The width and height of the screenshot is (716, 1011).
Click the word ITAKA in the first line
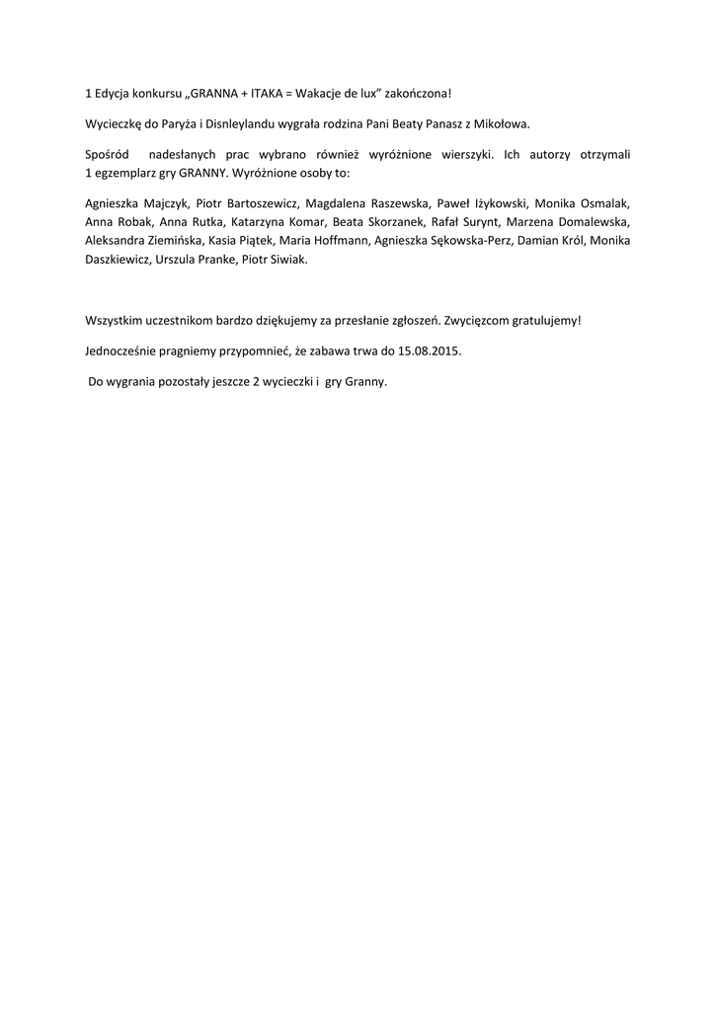[268, 94]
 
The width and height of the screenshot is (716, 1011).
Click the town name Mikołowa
[501, 124]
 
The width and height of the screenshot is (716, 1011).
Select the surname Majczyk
[163, 202]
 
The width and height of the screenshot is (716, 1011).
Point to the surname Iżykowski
[494, 202]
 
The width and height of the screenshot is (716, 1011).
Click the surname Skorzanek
[394, 221]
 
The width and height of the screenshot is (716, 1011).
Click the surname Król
[578, 240]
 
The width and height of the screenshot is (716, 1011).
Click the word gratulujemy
[537, 321]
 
